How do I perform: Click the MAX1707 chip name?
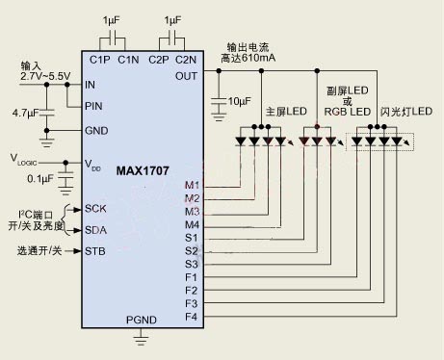[143, 170]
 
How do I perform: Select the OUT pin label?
[186, 76]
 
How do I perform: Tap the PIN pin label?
[93, 106]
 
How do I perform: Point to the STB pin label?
[95, 251]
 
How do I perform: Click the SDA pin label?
[95, 230]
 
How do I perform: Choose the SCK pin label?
[95, 209]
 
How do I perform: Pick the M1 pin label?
[192, 185]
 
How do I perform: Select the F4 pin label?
[191, 317]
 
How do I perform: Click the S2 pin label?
[192, 251]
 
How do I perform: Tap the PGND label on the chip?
[142, 320]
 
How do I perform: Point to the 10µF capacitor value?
[240, 101]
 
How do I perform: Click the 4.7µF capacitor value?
[25, 113]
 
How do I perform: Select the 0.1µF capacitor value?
[40, 179]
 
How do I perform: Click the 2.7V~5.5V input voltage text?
[45, 76]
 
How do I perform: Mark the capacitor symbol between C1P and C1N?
[113, 38]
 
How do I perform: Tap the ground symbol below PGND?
[141, 339]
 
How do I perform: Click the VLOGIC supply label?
[24, 160]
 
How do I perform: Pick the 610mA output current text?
[258, 58]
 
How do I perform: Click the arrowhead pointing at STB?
[77, 251]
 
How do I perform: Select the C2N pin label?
[186, 60]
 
